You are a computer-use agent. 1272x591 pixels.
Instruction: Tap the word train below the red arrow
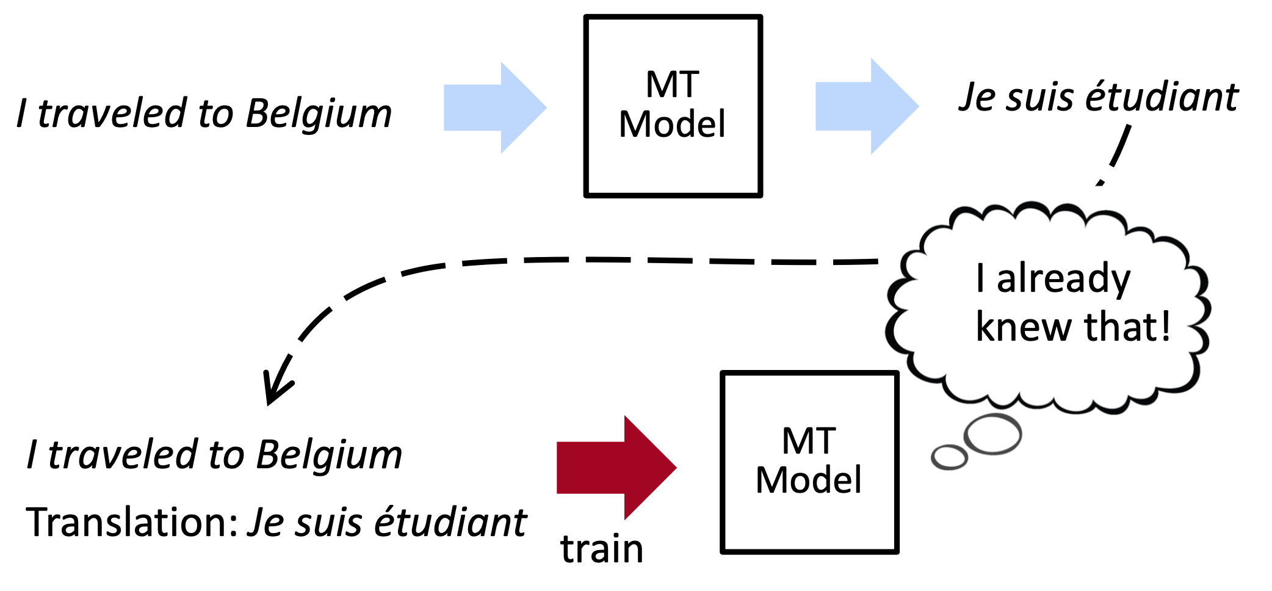click(602, 549)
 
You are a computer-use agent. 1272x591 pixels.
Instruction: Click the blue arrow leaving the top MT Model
click(865, 107)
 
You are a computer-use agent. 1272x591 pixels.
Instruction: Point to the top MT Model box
click(673, 106)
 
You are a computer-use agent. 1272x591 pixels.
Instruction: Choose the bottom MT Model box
click(809, 462)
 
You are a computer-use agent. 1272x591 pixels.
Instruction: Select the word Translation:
click(132, 523)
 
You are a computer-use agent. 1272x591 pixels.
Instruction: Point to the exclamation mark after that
click(1166, 326)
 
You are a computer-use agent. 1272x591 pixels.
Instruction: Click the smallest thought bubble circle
click(949, 457)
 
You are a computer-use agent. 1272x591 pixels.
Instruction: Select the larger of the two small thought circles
click(992, 434)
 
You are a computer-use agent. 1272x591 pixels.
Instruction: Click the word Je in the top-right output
click(977, 98)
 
